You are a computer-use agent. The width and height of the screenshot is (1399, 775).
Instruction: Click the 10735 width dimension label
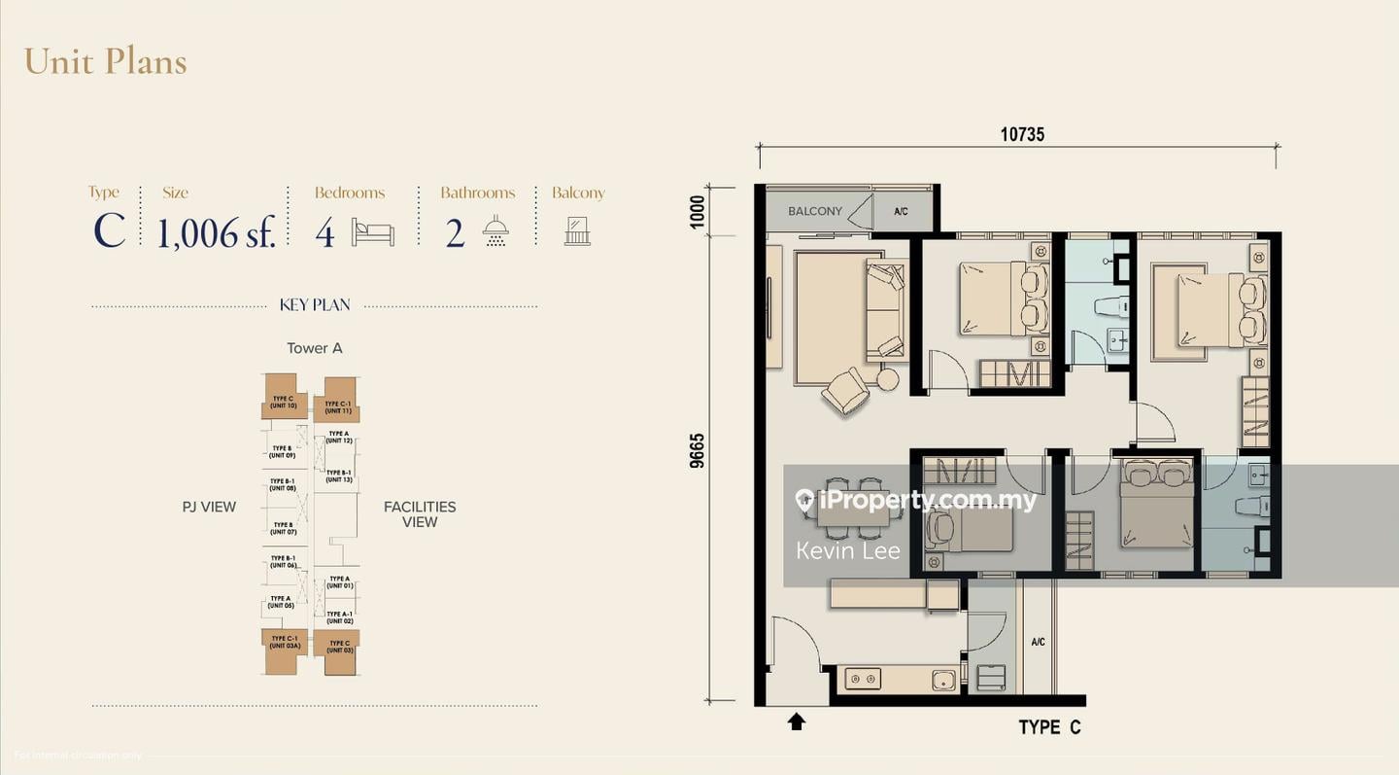tap(1022, 135)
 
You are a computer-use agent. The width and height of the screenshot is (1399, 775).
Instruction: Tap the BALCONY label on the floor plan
tap(814, 211)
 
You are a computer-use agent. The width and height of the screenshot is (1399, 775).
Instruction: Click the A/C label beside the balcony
tap(901, 211)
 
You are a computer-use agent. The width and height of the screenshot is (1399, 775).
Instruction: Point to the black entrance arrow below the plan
tap(796, 722)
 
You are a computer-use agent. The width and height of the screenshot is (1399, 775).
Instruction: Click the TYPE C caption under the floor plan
tap(1049, 727)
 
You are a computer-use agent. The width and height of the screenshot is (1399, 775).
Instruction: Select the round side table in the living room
tap(887, 379)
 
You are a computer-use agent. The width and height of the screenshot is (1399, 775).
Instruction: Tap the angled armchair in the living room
tap(844, 391)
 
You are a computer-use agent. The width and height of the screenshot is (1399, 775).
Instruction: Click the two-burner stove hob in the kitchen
tap(862, 679)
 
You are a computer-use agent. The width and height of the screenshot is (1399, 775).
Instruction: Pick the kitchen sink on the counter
tap(943, 680)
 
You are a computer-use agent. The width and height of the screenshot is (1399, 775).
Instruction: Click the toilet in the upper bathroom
tap(1110, 306)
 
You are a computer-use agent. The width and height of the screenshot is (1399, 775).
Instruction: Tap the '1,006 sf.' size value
tap(217, 233)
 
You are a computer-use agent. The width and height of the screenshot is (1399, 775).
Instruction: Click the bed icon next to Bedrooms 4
tap(372, 233)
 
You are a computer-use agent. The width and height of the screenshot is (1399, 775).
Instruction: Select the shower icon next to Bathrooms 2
tap(495, 231)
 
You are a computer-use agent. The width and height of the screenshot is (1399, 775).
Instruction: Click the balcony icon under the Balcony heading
tap(577, 231)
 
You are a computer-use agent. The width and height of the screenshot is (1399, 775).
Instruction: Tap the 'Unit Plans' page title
tap(105, 61)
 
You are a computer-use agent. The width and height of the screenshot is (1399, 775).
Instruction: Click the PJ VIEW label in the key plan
tap(209, 507)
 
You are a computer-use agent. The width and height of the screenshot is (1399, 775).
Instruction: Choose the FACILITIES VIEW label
tap(420, 514)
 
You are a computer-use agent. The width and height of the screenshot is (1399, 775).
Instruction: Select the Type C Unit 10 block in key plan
tap(283, 398)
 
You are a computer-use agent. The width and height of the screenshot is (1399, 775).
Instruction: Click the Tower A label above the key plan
tap(314, 348)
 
